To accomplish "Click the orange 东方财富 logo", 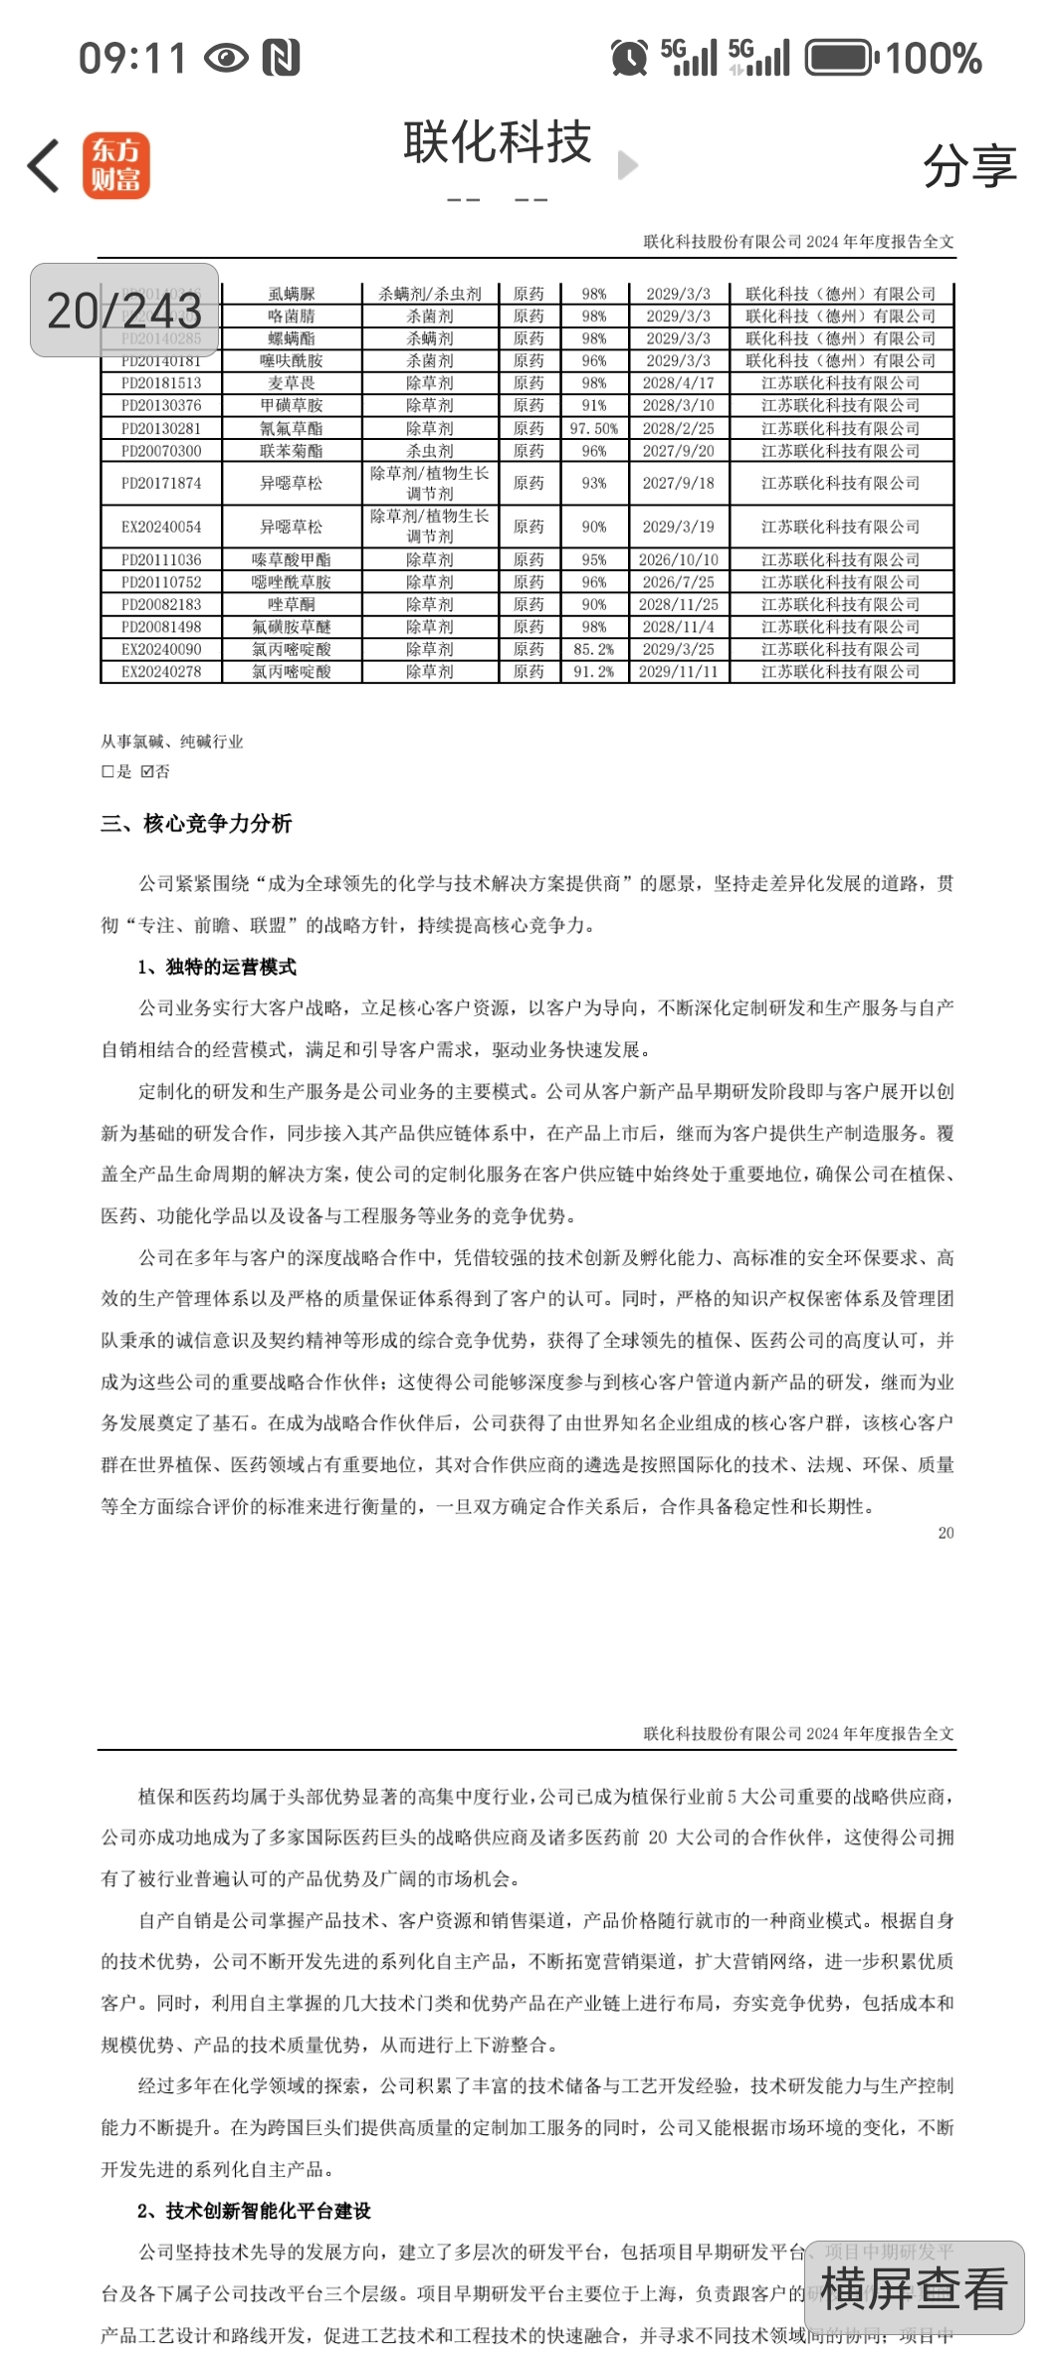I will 115,165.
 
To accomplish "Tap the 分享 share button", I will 969,166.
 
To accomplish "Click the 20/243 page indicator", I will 124,311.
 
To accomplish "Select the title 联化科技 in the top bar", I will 497,142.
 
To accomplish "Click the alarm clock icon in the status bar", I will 629,58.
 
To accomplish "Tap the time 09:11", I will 132,58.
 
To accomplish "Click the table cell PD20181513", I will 161,383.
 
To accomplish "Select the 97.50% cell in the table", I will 594,428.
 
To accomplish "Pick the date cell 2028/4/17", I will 678,383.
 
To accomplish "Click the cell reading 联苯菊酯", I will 291,451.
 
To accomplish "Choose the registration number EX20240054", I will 161,527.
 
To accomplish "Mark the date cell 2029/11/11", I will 678,672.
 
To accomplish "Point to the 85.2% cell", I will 594,649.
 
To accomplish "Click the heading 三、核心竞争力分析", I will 196,823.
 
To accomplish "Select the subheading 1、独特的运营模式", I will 217,967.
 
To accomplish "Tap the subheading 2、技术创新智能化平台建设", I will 254,2211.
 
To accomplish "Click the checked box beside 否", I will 147,771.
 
